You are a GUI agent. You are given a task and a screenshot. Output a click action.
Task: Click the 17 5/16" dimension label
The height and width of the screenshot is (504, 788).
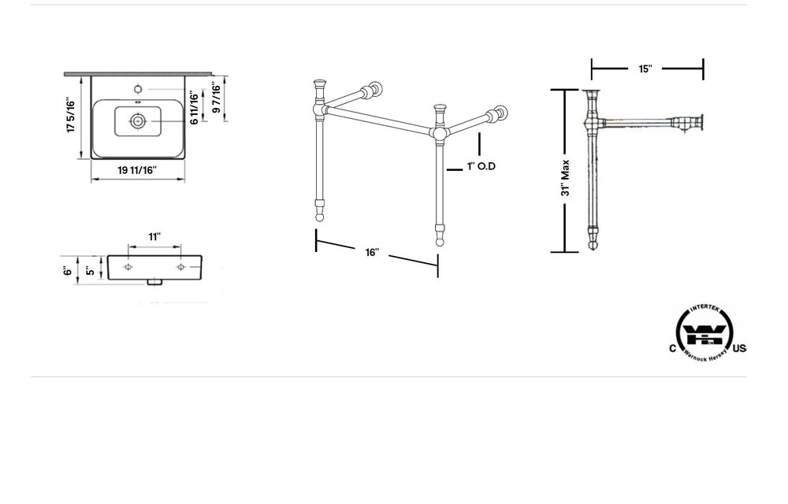coord(71,116)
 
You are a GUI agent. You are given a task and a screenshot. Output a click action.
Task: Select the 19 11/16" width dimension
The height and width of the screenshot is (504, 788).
coord(137,169)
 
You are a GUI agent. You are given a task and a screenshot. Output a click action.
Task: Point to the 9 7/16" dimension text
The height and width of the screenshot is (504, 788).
coord(215,99)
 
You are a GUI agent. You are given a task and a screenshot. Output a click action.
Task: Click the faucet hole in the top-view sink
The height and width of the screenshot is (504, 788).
coord(138,88)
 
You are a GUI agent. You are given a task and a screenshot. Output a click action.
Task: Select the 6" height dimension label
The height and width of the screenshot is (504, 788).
coord(69,270)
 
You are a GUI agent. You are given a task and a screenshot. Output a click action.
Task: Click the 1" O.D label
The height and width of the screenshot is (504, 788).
coord(481,166)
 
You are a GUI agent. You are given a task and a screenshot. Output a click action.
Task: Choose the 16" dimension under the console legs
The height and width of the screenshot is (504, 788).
coord(372,253)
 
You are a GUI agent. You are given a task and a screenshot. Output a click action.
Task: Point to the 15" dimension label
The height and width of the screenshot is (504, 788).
coord(645,69)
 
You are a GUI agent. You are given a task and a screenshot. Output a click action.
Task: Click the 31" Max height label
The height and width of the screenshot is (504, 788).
coord(565,178)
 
